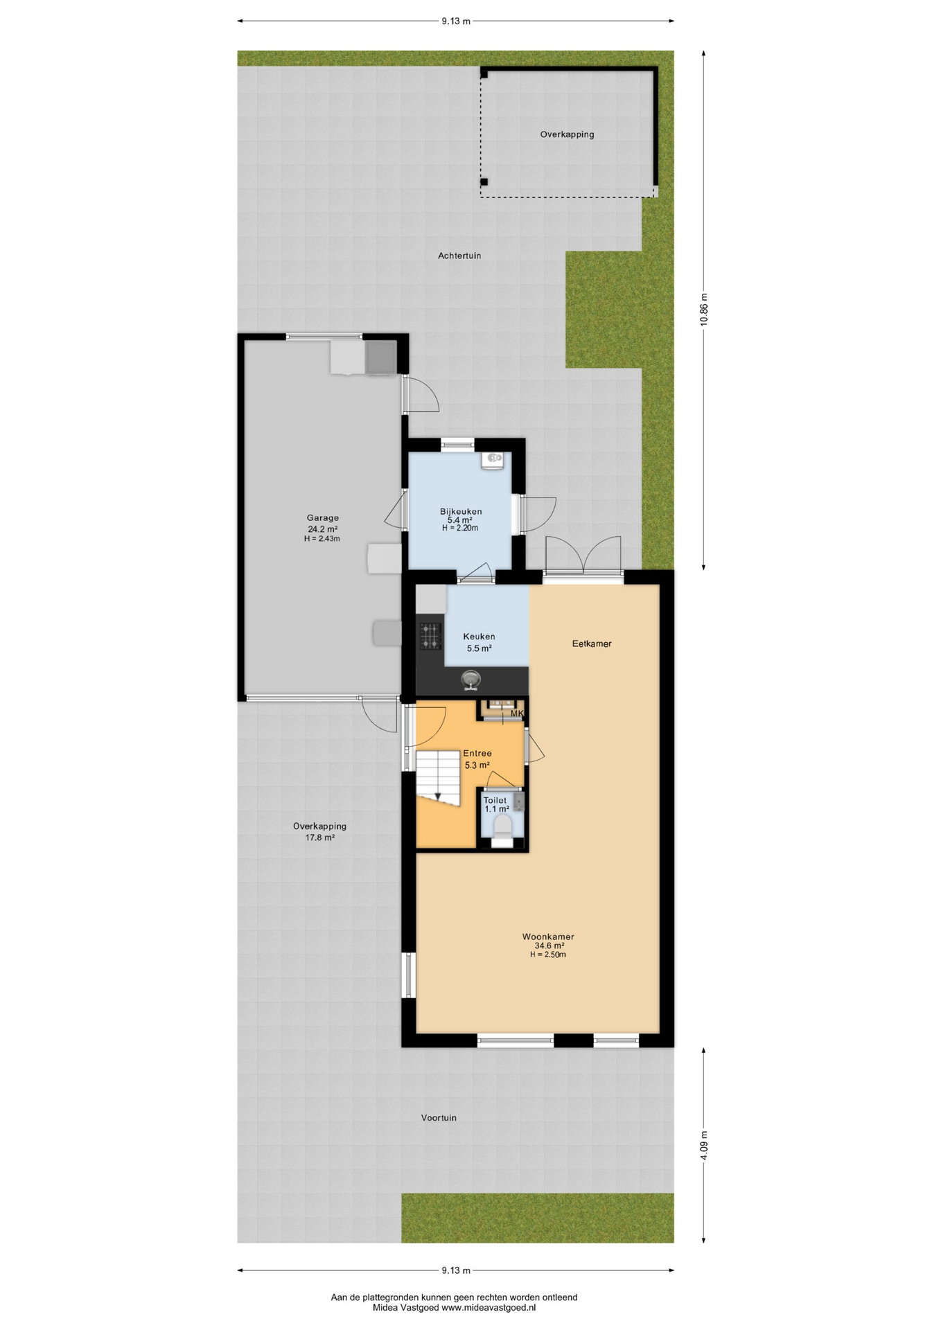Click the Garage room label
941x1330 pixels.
(x=323, y=517)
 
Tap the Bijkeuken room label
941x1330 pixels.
(x=461, y=511)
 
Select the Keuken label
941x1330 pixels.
(x=479, y=636)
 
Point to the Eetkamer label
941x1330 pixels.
(x=592, y=644)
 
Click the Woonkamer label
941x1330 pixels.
(x=548, y=937)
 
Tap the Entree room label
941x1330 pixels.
(x=477, y=753)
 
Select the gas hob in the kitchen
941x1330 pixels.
(x=430, y=636)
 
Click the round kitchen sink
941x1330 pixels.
(x=471, y=680)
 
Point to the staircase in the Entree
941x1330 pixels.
(x=438, y=778)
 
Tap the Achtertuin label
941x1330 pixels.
(x=459, y=256)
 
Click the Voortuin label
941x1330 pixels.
(x=439, y=1117)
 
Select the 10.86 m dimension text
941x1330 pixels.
(x=704, y=310)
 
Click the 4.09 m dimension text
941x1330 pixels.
(x=704, y=1144)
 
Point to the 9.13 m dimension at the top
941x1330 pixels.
(x=456, y=21)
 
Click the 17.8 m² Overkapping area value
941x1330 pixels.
(x=320, y=837)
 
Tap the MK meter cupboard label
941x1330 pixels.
(x=517, y=713)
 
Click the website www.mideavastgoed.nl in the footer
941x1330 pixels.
(x=488, y=1307)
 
